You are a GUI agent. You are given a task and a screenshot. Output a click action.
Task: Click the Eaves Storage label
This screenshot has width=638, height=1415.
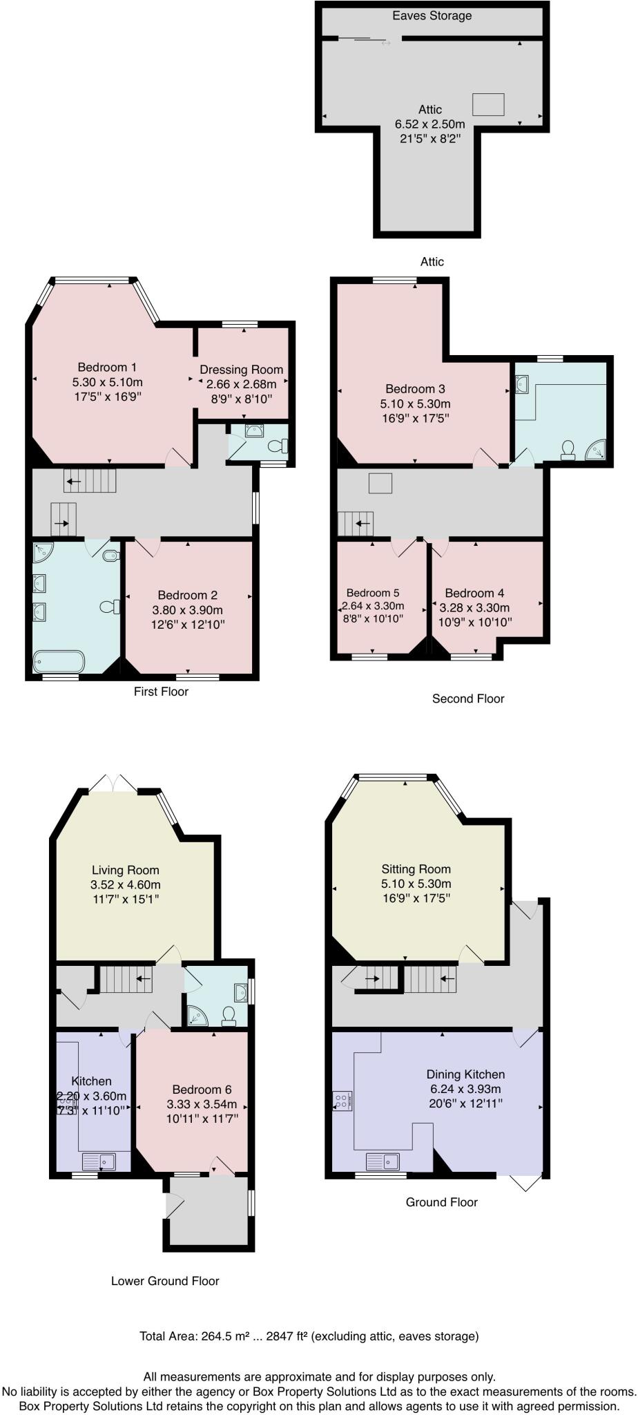click(x=432, y=16)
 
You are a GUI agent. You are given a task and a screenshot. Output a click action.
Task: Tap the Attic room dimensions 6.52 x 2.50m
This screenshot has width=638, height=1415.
click(x=429, y=124)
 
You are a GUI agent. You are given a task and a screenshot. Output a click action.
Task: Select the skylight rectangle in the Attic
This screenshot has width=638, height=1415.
click(x=488, y=104)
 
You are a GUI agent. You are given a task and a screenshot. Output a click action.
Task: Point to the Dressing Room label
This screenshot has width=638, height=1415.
click(x=242, y=370)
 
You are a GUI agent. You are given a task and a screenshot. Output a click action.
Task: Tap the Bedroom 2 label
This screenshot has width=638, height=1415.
click(x=188, y=595)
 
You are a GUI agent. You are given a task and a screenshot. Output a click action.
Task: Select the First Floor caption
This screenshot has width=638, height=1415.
click(x=161, y=692)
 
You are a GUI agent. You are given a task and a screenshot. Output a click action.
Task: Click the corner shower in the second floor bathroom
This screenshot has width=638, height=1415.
click(x=596, y=450)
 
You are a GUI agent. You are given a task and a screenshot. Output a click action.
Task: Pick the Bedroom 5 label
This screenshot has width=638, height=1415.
click(x=373, y=593)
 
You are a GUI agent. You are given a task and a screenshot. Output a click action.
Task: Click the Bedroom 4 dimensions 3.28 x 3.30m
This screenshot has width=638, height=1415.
click(x=474, y=607)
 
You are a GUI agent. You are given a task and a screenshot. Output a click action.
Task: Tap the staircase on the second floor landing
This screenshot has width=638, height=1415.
click(x=356, y=524)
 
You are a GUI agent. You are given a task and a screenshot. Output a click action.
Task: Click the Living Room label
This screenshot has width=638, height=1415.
click(x=126, y=870)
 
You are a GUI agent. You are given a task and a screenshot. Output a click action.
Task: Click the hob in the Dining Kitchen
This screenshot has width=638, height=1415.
click(x=342, y=1101)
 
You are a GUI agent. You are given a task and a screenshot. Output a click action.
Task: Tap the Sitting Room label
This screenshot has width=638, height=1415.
click(x=416, y=869)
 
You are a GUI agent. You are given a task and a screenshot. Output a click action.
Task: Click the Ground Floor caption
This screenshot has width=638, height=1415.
click(x=441, y=1202)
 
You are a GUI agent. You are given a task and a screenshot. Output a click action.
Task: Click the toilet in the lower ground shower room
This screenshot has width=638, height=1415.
click(x=229, y=1015)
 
